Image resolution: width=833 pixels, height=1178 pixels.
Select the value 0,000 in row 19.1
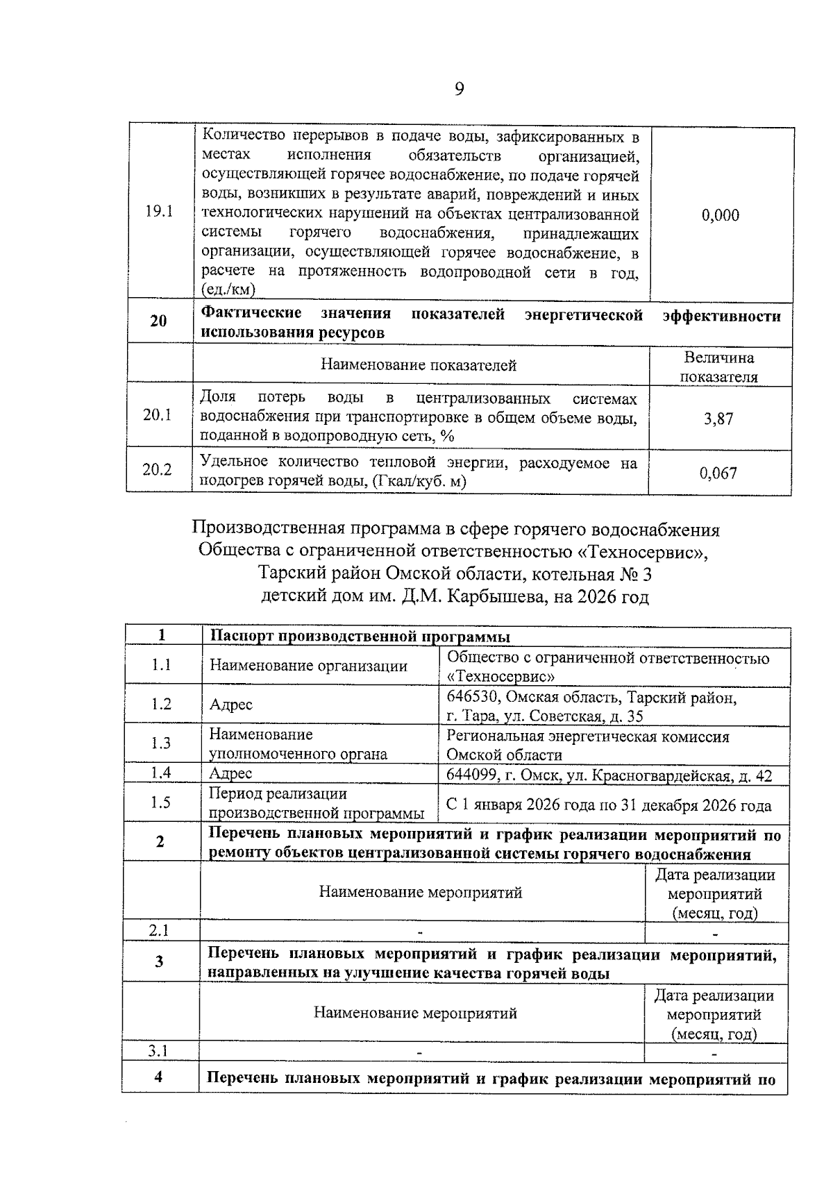pyautogui.click(x=720, y=215)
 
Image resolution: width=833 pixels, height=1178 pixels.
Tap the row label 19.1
pyautogui.click(x=159, y=212)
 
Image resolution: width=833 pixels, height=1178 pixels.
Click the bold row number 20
pyautogui.click(x=158, y=321)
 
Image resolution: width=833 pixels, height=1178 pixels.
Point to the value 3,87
pyautogui.click(x=718, y=419)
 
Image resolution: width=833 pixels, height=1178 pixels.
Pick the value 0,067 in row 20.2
pyautogui.click(x=718, y=473)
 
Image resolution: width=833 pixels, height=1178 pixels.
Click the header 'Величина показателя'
pyautogui.click(x=719, y=367)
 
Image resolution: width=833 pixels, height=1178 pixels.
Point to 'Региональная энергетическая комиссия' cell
pyautogui.click(x=587, y=737)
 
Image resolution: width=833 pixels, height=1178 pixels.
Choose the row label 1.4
pyautogui.click(x=161, y=773)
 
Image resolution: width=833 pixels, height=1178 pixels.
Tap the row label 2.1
pyautogui.click(x=159, y=930)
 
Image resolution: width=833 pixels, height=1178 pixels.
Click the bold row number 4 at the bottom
pyautogui.click(x=159, y=1077)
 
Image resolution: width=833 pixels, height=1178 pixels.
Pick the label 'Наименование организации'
pyautogui.click(x=308, y=666)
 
